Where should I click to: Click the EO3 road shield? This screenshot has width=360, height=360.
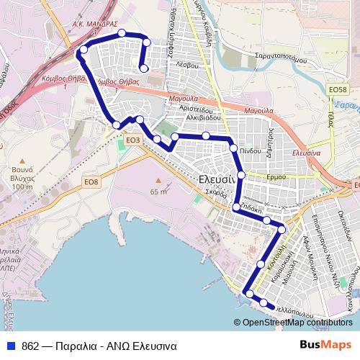(x=132, y=140)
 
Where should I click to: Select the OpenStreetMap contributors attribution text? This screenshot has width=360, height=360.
(x=297, y=323)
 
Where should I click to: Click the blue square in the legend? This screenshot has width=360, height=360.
(x=10, y=346)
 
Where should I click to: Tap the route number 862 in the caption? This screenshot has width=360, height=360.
(x=30, y=346)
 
